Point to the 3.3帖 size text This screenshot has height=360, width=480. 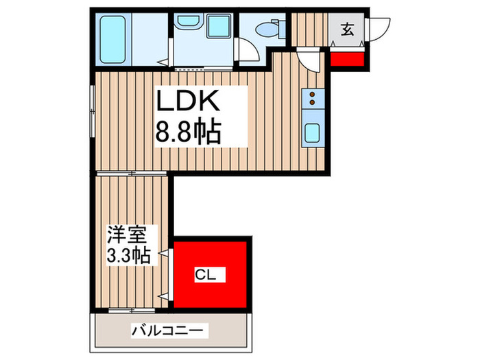click(x=128, y=256)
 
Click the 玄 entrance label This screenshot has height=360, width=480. click(x=348, y=29)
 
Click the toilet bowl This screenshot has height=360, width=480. click(x=266, y=30)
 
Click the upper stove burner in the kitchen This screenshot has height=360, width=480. click(x=313, y=94)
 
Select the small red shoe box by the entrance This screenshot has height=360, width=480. click(x=347, y=56)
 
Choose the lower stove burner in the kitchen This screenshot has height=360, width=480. click(x=313, y=103)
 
